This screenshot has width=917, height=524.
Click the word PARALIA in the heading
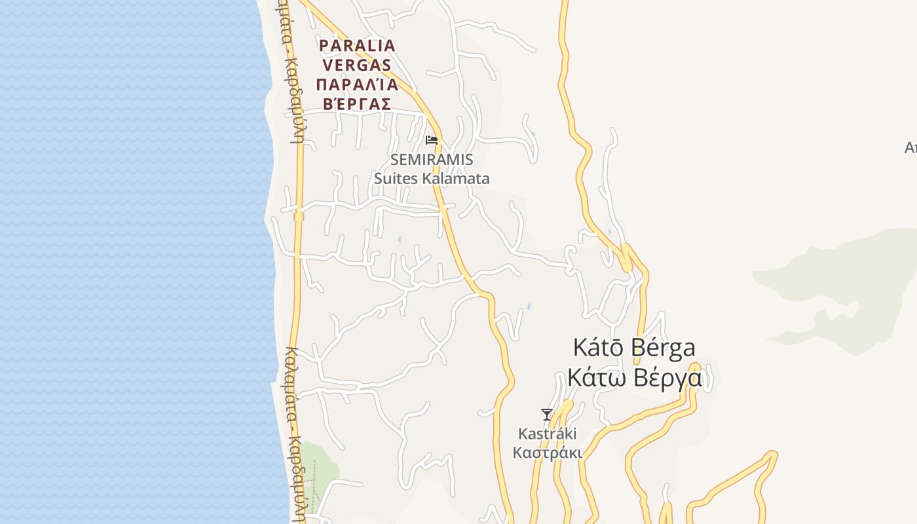[357, 46]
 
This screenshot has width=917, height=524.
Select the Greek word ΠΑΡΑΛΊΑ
[357, 84]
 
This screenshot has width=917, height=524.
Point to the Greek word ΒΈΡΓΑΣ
[357, 104]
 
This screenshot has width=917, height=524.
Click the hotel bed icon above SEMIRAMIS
[431, 140]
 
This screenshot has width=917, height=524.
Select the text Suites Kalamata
[432, 178]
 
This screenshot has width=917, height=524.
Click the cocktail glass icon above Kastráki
[547, 414]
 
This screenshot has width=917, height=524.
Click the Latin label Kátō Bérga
[634, 348]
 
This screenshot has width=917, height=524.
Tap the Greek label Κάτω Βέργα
[634, 378]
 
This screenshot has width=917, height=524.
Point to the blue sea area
[131, 262]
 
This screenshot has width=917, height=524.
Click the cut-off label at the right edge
[910, 148]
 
